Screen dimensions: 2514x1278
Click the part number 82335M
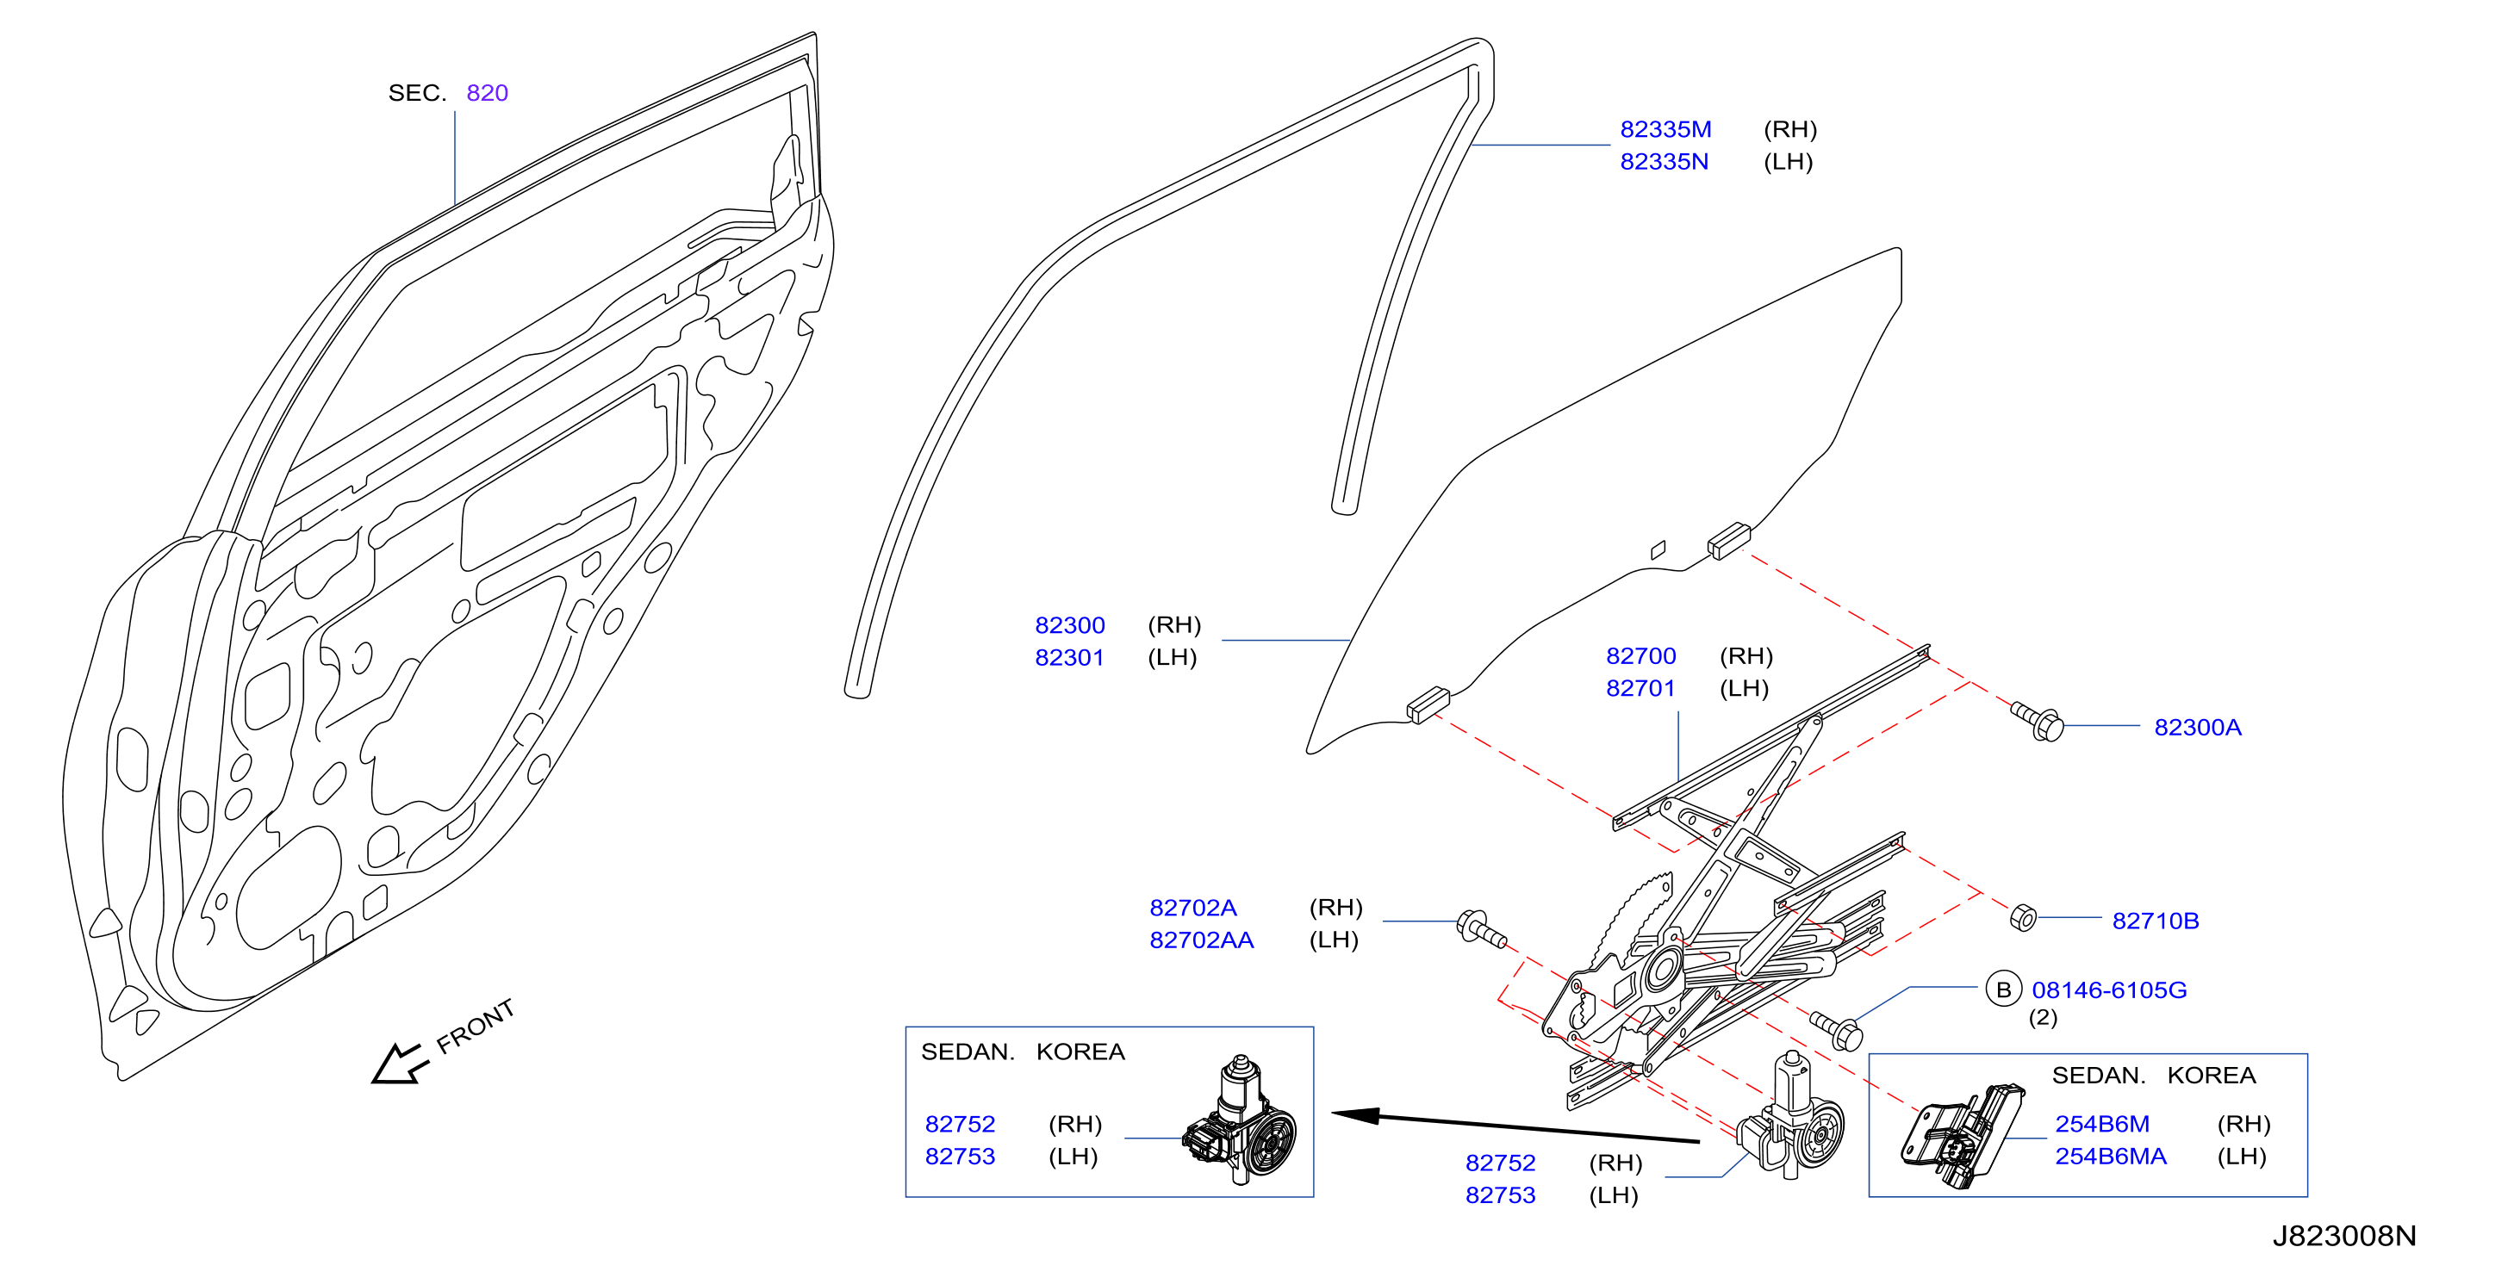(x=1665, y=130)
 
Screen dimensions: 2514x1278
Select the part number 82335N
(x=1664, y=162)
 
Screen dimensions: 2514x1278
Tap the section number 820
(x=487, y=93)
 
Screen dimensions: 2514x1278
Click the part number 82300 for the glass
(x=1070, y=625)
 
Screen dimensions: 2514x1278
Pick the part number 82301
(x=1070, y=658)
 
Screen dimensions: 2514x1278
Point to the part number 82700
(x=1640, y=655)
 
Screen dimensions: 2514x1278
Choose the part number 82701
(x=1640, y=688)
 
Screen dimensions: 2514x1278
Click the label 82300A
(x=2197, y=727)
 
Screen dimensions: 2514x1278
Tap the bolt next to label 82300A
(x=2038, y=721)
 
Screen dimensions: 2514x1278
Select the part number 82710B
(x=2155, y=921)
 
